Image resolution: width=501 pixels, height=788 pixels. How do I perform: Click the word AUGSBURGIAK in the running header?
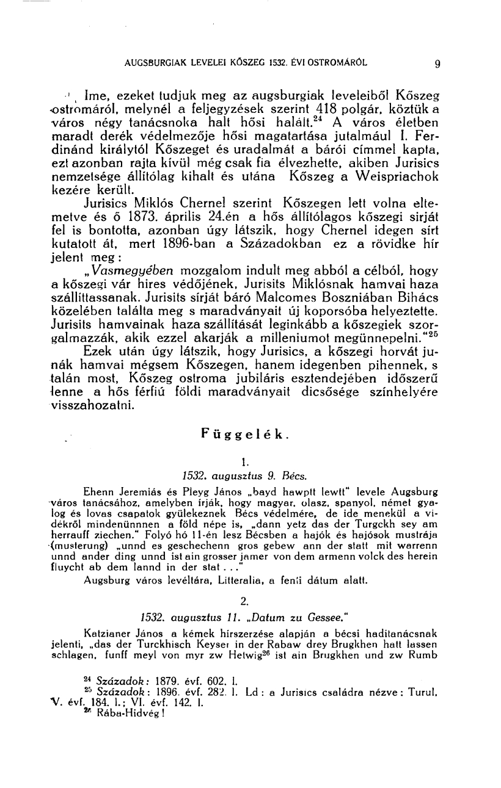[153, 62]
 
